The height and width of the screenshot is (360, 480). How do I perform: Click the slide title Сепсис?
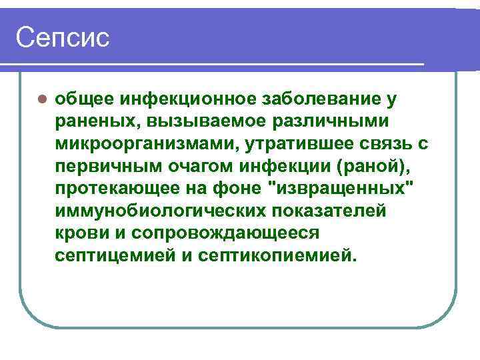(62, 37)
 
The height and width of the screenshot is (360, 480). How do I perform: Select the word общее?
(82, 100)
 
